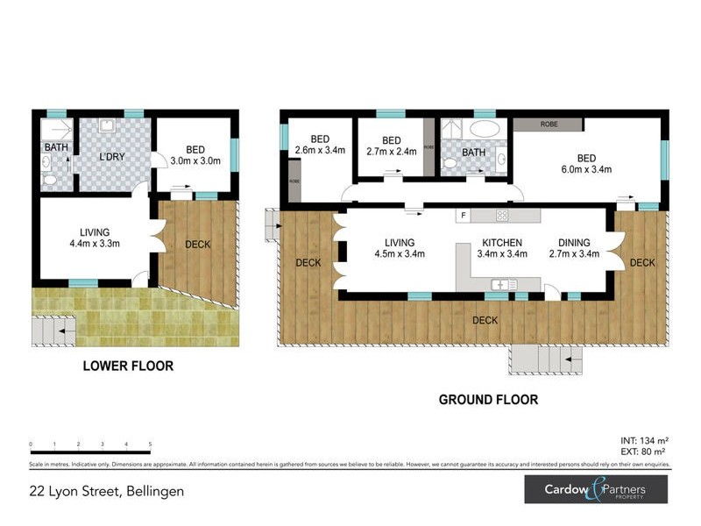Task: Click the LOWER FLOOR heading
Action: [x=128, y=366]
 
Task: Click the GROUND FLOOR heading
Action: [x=488, y=400]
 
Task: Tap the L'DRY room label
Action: [x=110, y=157]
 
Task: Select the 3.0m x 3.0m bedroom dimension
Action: [x=195, y=161]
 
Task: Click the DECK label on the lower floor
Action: [x=198, y=245]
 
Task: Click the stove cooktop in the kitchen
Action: [x=503, y=215]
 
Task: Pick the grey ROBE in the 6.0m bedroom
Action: [x=549, y=124]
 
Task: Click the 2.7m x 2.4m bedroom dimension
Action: [x=391, y=151]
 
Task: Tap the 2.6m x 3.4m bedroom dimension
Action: [x=319, y=151]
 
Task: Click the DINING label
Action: [x=574, y=243]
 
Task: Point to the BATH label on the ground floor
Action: [x=474, y=153]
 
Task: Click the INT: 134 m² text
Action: [x=644, y=440]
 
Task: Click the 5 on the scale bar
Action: [x=151, y=444]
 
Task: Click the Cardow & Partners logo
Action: [x=597, y=489]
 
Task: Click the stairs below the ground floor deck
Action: [x=542, y=358]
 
